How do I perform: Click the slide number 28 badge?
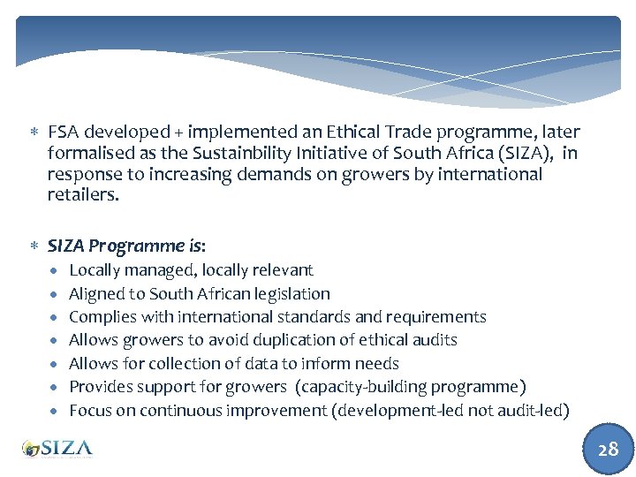pos(608,449)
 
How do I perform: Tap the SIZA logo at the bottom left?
pos(57,448)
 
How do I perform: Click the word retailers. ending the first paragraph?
pos(82,194)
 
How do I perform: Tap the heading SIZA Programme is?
pos(126,246)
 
